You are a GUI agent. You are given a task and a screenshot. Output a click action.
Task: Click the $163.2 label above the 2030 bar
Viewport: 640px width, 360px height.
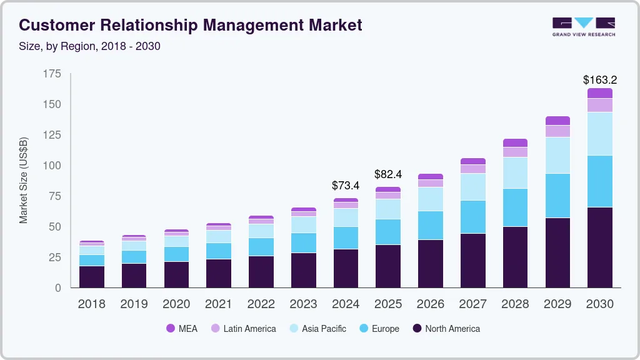click(x=599, y=80)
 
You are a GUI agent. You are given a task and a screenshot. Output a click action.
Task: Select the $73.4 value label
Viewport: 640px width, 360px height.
click(x=346, y=186)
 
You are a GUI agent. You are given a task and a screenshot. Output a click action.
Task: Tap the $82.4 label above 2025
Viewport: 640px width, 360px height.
click(x=388, y=174)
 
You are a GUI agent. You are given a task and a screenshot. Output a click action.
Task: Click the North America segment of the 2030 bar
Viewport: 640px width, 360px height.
click(x=599, y=247)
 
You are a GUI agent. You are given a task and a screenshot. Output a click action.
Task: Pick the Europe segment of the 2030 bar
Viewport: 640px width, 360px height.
click(x=599, y=181)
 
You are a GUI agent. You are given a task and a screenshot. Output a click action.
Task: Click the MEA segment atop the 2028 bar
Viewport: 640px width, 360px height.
click(x=515, y=142)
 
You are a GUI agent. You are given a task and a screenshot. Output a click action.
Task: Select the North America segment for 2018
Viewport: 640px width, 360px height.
click(x=91, y=277)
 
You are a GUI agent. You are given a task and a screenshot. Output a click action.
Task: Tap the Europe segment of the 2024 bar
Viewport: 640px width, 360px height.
click(x=346, y=237)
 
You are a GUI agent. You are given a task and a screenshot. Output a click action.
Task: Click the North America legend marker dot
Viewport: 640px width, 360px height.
click(x=416, y=329)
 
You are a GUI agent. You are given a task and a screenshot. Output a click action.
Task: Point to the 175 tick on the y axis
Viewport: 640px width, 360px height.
click(x=52, y=74)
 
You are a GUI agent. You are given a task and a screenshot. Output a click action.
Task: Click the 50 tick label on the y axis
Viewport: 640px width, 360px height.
click(x=55, y=227)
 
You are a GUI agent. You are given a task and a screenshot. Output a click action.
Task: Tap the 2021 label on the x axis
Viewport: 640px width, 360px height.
click(x=218, y=304)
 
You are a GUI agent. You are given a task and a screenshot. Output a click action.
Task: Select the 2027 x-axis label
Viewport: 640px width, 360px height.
click(x=473, y=304)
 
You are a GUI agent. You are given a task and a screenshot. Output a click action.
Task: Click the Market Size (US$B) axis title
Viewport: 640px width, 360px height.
click(x=24, y=181)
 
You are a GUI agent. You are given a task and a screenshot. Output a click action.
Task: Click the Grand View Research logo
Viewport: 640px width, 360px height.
click(x=583, y=27)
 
